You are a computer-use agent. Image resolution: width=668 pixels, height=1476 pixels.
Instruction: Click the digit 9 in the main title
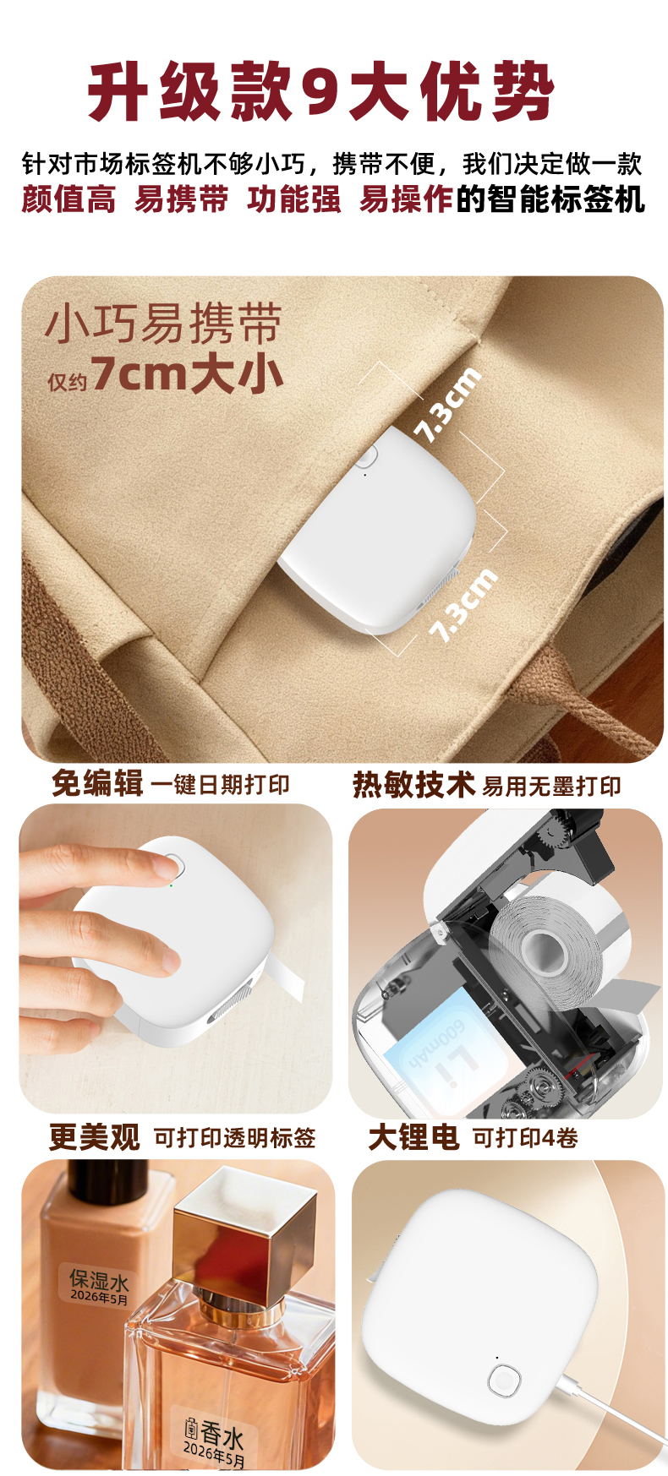tap(320, 92)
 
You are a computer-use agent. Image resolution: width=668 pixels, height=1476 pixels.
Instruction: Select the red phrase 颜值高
tap(68, 199)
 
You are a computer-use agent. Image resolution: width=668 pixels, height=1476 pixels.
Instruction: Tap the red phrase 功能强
tap(294, 199)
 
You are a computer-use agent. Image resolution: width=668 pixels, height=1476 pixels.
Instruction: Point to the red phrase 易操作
tap(407, 199)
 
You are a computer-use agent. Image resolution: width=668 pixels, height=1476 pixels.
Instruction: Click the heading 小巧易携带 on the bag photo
tap(163, 324)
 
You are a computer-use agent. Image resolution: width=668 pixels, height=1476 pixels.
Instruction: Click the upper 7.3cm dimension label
tap(447, 405)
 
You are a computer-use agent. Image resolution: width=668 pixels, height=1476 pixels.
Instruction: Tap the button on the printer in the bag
tap(365, 457)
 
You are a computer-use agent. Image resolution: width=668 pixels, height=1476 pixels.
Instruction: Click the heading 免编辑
tap(97, 783)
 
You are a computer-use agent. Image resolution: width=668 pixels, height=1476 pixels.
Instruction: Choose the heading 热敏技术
tap(413, 785)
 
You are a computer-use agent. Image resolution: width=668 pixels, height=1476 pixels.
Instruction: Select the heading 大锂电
tap(413, 1137)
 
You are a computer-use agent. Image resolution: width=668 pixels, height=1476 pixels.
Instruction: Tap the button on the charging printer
tap(504, 1380)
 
